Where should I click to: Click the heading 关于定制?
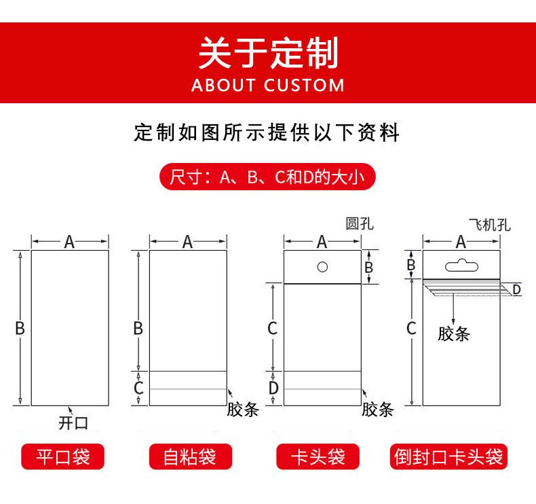(x=267, y=53)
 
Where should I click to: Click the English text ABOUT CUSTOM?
(x=268, y=86)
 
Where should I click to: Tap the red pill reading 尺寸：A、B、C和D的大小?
(x=267, y=178)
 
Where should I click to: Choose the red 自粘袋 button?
(x=189, y=456)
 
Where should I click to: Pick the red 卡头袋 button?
(x=318, y=456)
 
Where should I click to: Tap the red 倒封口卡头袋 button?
(x=449, y=456)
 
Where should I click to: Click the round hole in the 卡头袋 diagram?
(x=323, y=266)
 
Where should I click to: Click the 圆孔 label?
(x=359, y=224)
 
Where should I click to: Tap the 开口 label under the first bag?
(x=73, y=423)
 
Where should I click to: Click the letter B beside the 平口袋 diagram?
(x=20, y=328)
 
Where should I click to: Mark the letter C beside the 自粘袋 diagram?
(x=138, y=388)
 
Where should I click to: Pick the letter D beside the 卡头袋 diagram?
(x=273, y=388)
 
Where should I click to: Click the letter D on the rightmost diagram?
(x=516, y=290)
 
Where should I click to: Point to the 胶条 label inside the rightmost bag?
(x=454, y=334)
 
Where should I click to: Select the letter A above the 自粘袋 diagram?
(x=188, y=242)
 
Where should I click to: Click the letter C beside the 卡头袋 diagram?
(x=273, y=328)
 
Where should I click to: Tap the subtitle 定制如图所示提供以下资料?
(x=267, y=132)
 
